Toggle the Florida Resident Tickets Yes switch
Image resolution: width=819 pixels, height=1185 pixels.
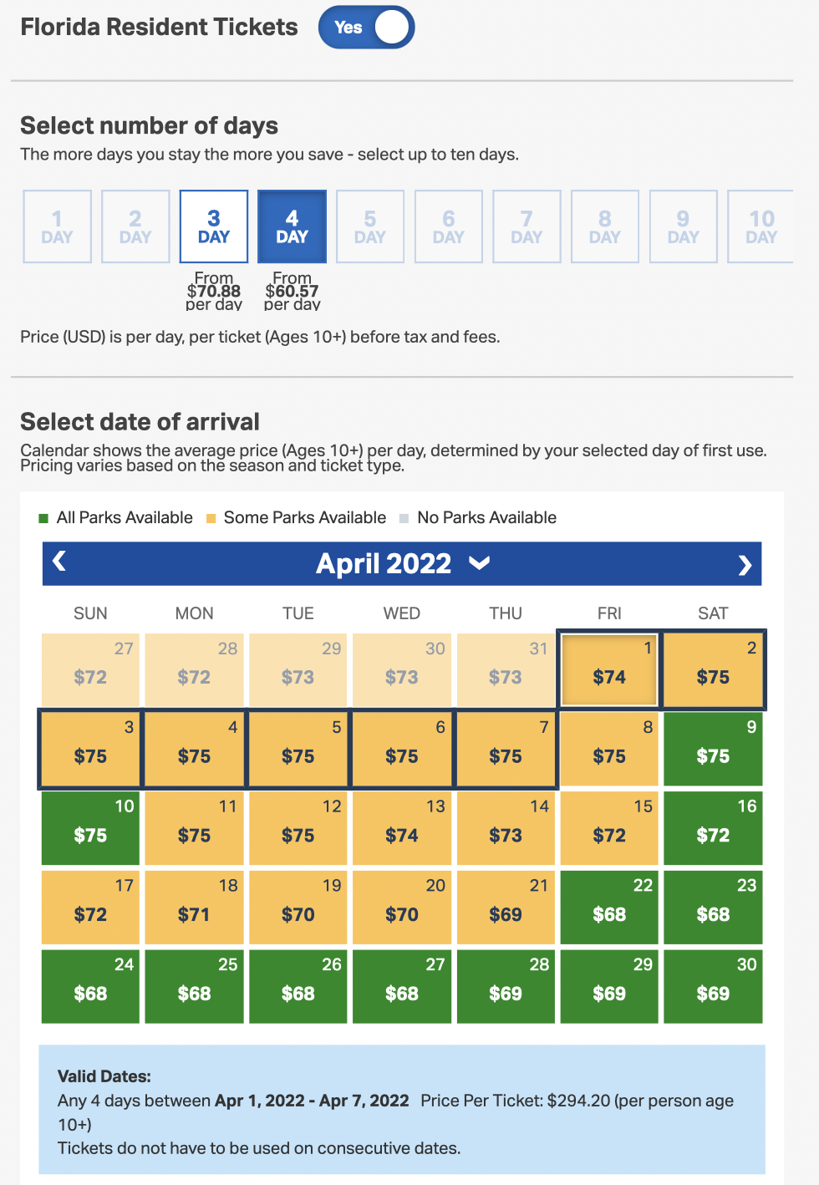tap(366, 28)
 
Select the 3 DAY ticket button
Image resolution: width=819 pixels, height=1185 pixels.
tap(214, 226)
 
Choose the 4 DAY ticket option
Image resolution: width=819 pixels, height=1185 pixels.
tap(292, 226)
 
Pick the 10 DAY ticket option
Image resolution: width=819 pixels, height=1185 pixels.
tap(760, 226)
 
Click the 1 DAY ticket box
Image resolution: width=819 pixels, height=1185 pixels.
tap(57, 226)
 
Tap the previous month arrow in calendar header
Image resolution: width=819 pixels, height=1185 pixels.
tap(59, 562)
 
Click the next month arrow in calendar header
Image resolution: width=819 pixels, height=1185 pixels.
tap(745, 566)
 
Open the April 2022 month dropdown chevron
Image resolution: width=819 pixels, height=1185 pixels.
tap(479, 563)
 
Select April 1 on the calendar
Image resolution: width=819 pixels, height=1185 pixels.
tap(609, 669)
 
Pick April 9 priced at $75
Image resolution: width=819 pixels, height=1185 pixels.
tap(713, 747)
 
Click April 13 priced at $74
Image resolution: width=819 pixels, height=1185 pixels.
tap(402, 826)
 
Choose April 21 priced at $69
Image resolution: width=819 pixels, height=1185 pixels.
tap(506, 906)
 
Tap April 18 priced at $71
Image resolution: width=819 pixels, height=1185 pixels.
tap(194, 906)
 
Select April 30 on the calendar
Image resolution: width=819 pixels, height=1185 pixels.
tap(713, 985)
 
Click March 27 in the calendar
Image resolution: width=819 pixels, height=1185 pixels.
tap(90, 669)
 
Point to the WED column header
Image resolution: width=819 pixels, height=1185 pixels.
tap(402, 613)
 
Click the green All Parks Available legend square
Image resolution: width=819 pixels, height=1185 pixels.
tap(43, 518)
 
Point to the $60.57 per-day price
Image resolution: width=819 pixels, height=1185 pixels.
tap(292, 291)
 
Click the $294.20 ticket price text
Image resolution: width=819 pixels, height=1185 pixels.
tap(578, 1101)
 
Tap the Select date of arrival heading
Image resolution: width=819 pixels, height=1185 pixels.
tap(140, 422)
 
